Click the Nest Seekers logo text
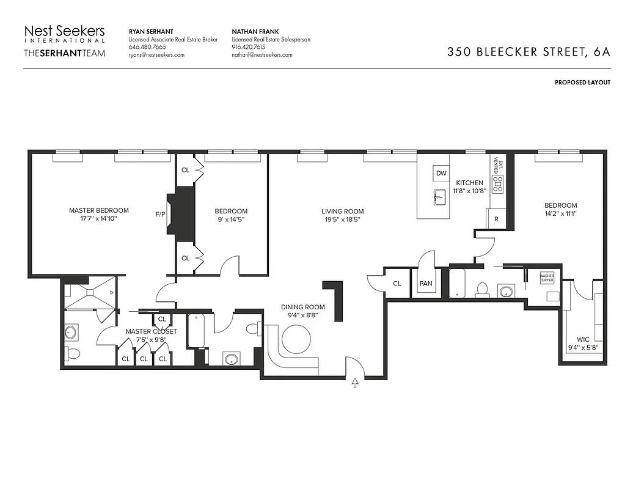pyautogui.click(x=64, y=31)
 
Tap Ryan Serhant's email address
pyautogui.click(x=156, y=55)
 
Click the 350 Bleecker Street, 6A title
pyautogui.click(x=529, y=52)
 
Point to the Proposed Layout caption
pyautogui.click(x=582, y=83)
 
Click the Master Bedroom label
pyautogui.click(x=98, y=211)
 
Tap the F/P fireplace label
pyautogui.click(x=160, y=215)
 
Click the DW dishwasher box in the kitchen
pyautogui.click(x=441, y=174)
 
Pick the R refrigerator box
pyautogui.click(x=496, y=219)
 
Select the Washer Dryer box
pyautogui.click(x=547, y=278)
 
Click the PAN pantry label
pyautogui.click(x=425, y=284)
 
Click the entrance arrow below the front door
pyautogui.click(x=356, y=384)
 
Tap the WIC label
pyautogui.click(x=584, y=339)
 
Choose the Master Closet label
pyautogui.click(x=151, y=331)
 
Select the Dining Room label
pyautogui.click(x=302, y=307)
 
